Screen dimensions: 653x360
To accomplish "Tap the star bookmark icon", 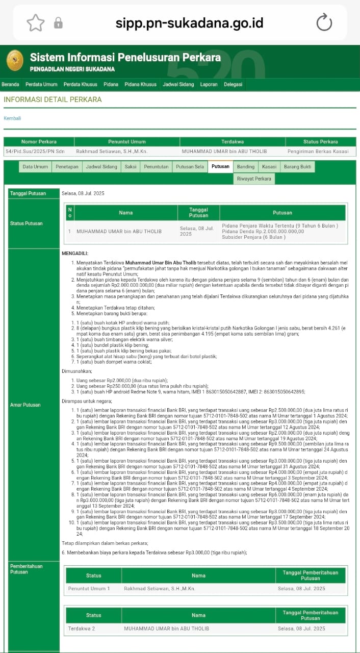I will click(x=36, y=22).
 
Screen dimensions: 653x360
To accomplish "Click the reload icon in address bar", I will click(x=324, y=22).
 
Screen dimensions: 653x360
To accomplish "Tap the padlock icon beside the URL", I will click(x=58, y=23).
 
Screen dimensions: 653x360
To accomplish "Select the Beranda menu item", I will click(x=10, y=85).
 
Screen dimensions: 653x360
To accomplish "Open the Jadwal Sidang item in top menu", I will click(x=178, y=85).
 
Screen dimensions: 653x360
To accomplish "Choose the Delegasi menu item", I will click(x=233, y=85).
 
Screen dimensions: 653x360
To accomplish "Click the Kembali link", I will click(x=12, y=118).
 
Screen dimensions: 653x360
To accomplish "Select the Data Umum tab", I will click(x=35, y=167).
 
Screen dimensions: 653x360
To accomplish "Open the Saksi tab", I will click(x=130, y=167).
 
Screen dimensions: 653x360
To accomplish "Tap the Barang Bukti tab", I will click(x=297, y=167).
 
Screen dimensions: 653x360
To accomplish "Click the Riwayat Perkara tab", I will click(x=254, y=179).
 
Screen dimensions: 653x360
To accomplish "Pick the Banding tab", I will click(x=245, y=167).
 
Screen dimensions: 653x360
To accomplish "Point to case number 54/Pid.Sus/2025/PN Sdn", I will click(x=35, y=152).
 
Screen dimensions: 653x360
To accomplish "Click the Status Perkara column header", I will click(x=320, y=142).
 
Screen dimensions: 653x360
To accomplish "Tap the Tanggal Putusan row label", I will click(x=28, y=193).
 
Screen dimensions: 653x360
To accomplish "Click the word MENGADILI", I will click(x=75, y=254).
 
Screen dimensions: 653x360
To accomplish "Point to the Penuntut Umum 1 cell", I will click(x=89, y=589).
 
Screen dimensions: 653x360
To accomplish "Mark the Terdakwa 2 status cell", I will click(x=82, y=629).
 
